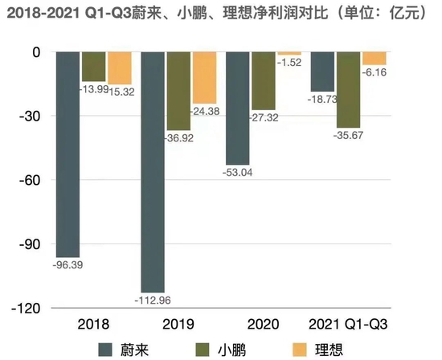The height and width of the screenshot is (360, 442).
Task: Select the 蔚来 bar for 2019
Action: (x=153, y=170)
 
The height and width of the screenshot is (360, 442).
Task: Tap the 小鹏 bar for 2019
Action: (x=179, y=91)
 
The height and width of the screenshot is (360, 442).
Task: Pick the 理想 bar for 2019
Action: (x=204, y=77)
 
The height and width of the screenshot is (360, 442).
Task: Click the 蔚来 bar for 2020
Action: (x=238, y=108)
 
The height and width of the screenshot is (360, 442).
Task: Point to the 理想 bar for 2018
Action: (x=119, y=67)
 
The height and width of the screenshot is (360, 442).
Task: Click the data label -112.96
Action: (x=153, y=301)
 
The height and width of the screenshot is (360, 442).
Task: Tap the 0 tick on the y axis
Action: (x=35, y=51)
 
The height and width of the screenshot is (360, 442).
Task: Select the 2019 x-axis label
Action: (x=178, y=324)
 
